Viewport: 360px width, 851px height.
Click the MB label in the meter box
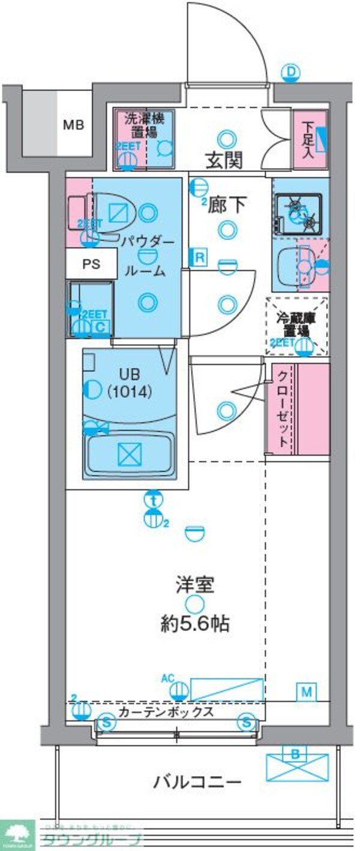pos(74,125)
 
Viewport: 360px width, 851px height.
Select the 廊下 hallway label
pos(227,206)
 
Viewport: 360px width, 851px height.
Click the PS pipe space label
pos(91,264)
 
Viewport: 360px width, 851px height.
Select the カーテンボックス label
pos(166,712)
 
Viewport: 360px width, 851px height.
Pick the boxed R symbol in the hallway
pos(198,258)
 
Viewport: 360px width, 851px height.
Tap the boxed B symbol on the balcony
pos(295,753)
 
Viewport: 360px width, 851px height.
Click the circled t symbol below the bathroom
pos(154,498)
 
